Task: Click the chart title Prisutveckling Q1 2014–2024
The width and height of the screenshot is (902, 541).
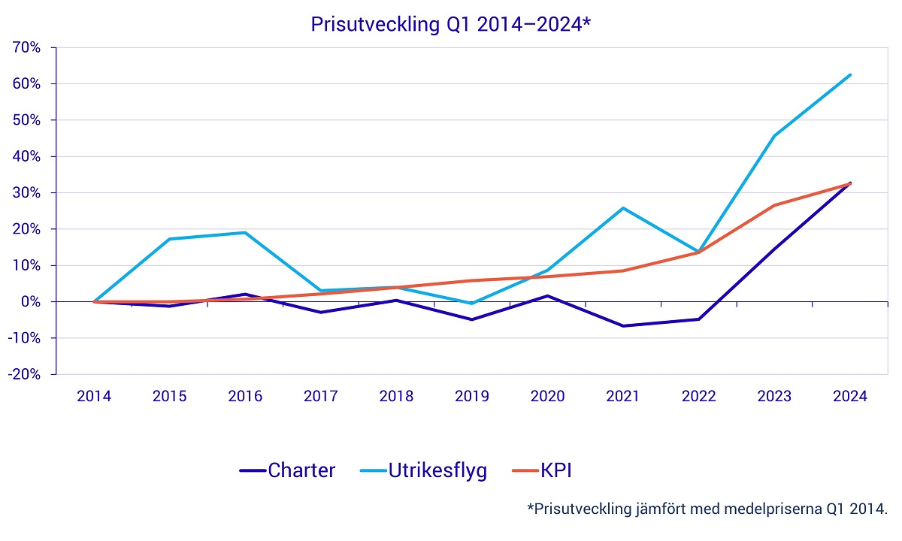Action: coord(451,24)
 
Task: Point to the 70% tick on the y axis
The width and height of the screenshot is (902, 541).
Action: coord(30,47)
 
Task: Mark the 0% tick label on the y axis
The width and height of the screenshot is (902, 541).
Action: coord(33,301)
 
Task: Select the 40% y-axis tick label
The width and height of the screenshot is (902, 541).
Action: coord(30,156)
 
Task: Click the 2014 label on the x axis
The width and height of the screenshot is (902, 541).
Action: coord(94,396)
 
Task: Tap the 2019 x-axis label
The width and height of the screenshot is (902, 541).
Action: coord(472,396)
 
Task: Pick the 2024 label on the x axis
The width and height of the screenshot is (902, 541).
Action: coord(850,396)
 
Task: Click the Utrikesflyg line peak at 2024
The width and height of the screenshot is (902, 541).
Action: coord(850,74)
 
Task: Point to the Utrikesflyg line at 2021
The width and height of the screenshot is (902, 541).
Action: coord(623,208)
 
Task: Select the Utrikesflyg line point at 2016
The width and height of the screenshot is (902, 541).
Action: coord(245,232)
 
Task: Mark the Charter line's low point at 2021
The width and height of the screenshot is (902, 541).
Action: coord(623,326)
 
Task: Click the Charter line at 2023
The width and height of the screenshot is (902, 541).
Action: coord(774,248)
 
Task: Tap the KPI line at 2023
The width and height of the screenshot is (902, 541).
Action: coord(774,205)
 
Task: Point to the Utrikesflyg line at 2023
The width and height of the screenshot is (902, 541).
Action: coord(774,136)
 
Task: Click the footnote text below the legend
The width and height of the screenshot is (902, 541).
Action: coord(707,509)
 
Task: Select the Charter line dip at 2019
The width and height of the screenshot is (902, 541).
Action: coord(472,319)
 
